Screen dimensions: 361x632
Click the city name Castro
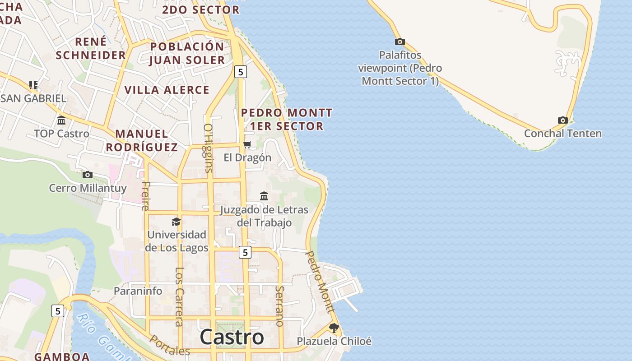pos(232,337)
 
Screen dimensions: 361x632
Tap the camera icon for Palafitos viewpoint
pos(400,42)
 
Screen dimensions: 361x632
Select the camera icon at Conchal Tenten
pos(562,120)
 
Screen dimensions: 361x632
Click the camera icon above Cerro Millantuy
pos(88,175)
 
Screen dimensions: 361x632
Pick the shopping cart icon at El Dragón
pos(247,144)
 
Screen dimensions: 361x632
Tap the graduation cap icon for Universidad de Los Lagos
pos(176,222)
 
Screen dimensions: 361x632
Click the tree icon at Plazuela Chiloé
pos(334,328)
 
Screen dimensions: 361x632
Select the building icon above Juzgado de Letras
pos(264,196)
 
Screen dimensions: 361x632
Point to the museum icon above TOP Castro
pos(61,120)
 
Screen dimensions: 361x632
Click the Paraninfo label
pos(138,291)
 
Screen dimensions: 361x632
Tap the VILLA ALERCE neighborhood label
pos(167,90)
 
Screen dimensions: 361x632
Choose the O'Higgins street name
pos(208,148)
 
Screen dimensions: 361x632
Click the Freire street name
pos(145,196)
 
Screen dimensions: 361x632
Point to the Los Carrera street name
pos(180,297)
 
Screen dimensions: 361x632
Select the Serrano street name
pos(280,306)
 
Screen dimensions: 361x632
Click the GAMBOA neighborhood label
pos(62,356)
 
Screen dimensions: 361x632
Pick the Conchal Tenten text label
pos(562,134)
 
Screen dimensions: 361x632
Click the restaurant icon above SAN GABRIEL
pos(33,85)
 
